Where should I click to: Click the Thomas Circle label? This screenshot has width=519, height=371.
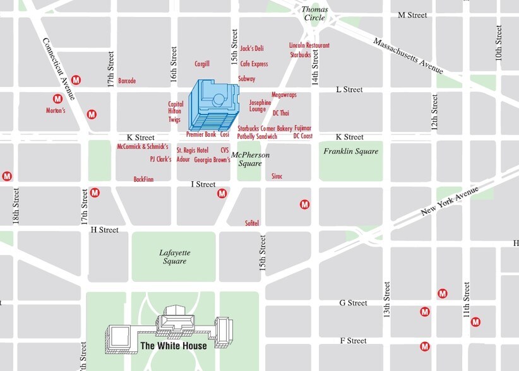coord(314,13)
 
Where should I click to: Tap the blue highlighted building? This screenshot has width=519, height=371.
coord(214,105)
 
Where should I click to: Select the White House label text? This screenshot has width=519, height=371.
coord(173,346)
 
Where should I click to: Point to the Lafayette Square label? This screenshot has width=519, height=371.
coord(174,257)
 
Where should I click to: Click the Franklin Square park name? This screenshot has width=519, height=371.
coord(350,151)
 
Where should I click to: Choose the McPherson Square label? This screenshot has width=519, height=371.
coord(250,159)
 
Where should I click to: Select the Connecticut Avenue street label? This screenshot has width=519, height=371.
coord(59,69)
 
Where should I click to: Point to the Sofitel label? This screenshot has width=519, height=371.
coord(252,223)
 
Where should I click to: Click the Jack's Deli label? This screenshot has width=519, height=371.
coord(252,49)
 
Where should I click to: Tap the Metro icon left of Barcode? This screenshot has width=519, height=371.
coord(76,80)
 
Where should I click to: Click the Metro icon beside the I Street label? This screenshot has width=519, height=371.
coord(222,194)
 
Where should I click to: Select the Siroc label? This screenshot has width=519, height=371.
coord(277,176)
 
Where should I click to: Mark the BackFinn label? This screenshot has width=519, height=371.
coord(143,179)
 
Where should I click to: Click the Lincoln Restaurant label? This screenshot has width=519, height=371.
coord(309,45)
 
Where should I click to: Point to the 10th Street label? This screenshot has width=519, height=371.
coord(499,43)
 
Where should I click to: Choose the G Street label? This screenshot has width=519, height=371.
coord(353,303)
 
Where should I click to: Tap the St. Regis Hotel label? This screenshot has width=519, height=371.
coord(192,151)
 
